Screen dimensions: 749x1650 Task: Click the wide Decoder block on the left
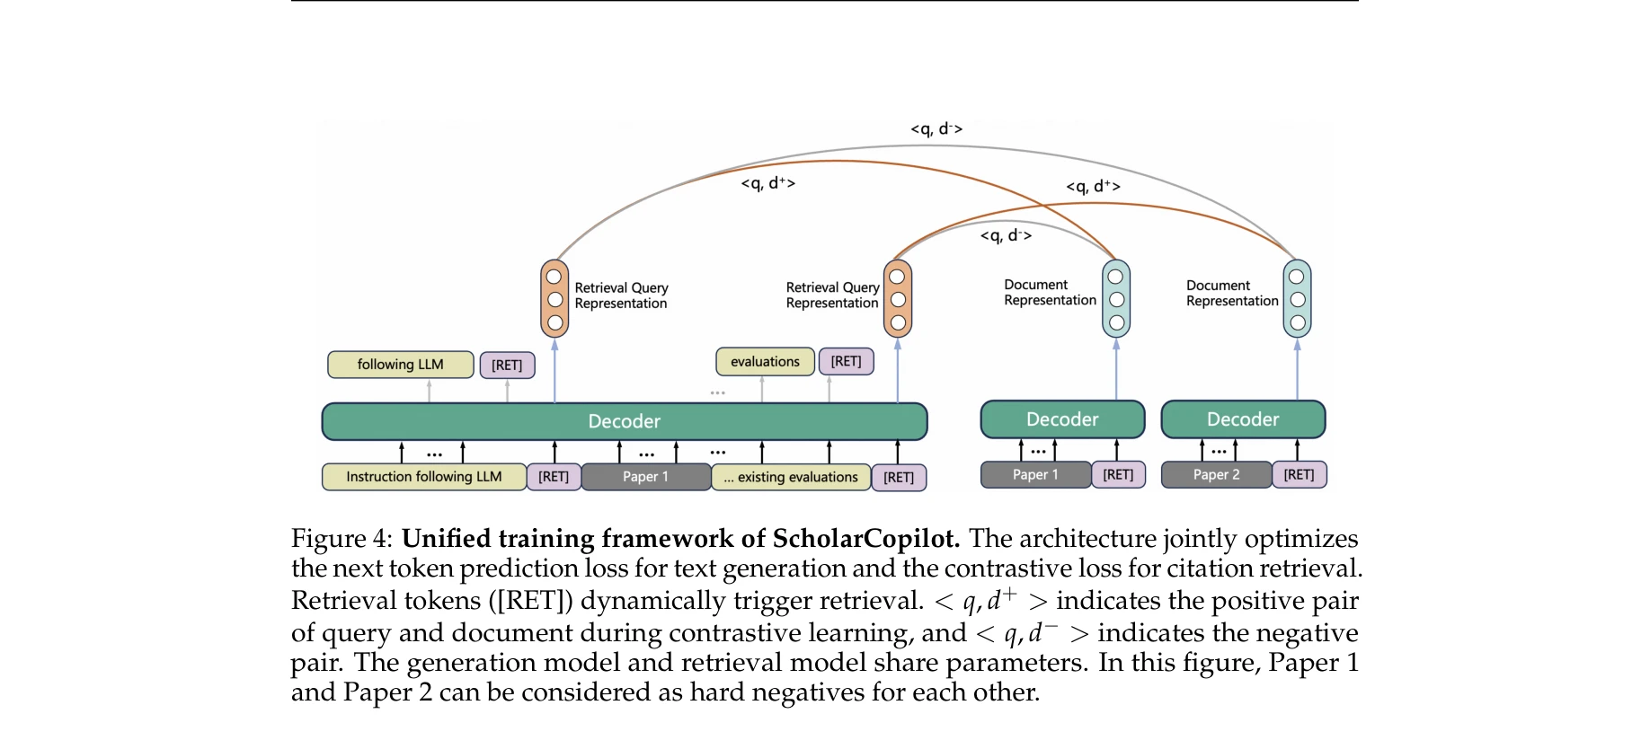(624, 421)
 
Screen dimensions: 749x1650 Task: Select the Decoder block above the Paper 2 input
(1243, 419)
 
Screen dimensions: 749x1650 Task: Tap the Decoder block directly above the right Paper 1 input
(1062, 419)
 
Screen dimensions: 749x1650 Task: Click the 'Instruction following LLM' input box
(423, 477)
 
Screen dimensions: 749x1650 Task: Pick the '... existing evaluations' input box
(791, 477)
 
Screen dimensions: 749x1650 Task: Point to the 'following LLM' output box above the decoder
(400, 365)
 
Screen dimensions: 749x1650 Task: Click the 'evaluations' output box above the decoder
(765, 362)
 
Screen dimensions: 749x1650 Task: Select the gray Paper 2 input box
(1216, 474)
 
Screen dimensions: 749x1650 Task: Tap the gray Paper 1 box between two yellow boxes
(645, 477)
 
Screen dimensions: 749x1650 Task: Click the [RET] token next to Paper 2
(1299, 474)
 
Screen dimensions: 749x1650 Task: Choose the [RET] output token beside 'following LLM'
(507, 366)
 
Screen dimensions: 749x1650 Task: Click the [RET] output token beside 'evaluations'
(846, 361)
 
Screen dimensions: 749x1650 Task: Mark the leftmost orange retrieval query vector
(554, 299)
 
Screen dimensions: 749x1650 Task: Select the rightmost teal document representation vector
(1297, 299)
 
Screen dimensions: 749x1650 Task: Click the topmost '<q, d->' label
(936, 129)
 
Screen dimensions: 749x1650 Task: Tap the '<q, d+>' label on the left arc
(767, 183)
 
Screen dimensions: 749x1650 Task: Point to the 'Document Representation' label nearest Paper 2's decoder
(1231, 294)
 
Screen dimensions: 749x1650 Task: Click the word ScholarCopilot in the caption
(865, 539)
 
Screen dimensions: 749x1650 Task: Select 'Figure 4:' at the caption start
(342, 539)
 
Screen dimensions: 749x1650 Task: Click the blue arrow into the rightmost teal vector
(1297, 369)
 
